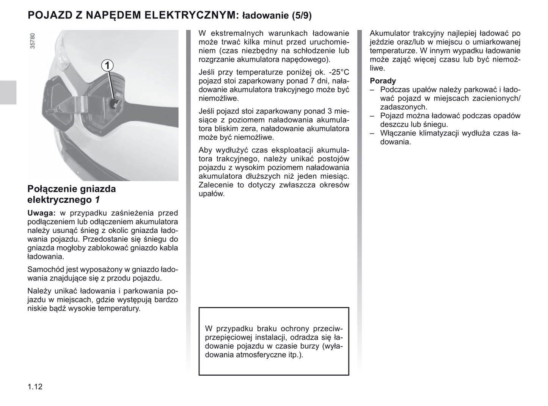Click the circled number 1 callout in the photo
click(x=107, y=66)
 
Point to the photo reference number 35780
click(x=33, y=41)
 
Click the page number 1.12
click(x=35, y=387)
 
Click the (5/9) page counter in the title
click(x=301, y=16)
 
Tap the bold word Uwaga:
click(x=41, y=213)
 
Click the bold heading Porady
click(x=383, y=81)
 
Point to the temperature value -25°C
click(x=339, y=72)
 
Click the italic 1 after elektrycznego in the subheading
click(x=97, y=200)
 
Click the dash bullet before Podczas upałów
click(x=372, y=90)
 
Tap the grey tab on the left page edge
click(x=8, y=92)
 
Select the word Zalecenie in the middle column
click(x=217, y=185)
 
